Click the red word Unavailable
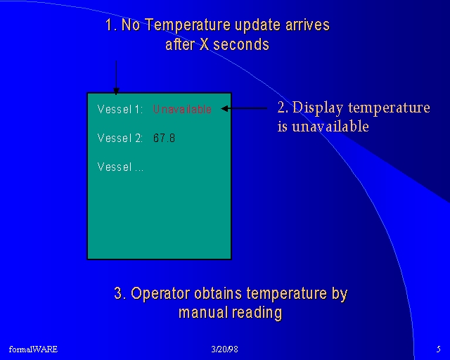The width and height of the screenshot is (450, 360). [x=182, y=109]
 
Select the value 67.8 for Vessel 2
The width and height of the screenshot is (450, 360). [x=164, y=138]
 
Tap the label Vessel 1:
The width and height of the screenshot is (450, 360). [x=120, y=109]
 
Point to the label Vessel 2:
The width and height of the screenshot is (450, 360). [x=120, y=138]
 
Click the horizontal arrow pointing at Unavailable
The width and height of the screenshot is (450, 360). [x=244, y=108]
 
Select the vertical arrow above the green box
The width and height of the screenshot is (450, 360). [x=116, y=77]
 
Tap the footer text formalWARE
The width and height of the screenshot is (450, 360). [x=33, y=349]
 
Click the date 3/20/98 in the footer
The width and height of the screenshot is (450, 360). [x=224, y=349]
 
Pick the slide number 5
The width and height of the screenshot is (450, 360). [x=438, y=349]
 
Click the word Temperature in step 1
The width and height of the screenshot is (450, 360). [x=188, y=25]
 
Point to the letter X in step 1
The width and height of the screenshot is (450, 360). [x=204, y=44]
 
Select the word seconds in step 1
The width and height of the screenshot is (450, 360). [x=241, y=44]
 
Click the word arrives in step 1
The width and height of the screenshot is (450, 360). [x=307, y=25]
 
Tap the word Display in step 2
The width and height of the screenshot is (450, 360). [x=318, y=108]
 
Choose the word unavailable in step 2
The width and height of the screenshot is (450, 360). [x=330, y=127]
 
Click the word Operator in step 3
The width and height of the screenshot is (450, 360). [x=160, y=294]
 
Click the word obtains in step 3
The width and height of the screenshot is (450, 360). [x=218, y=293]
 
